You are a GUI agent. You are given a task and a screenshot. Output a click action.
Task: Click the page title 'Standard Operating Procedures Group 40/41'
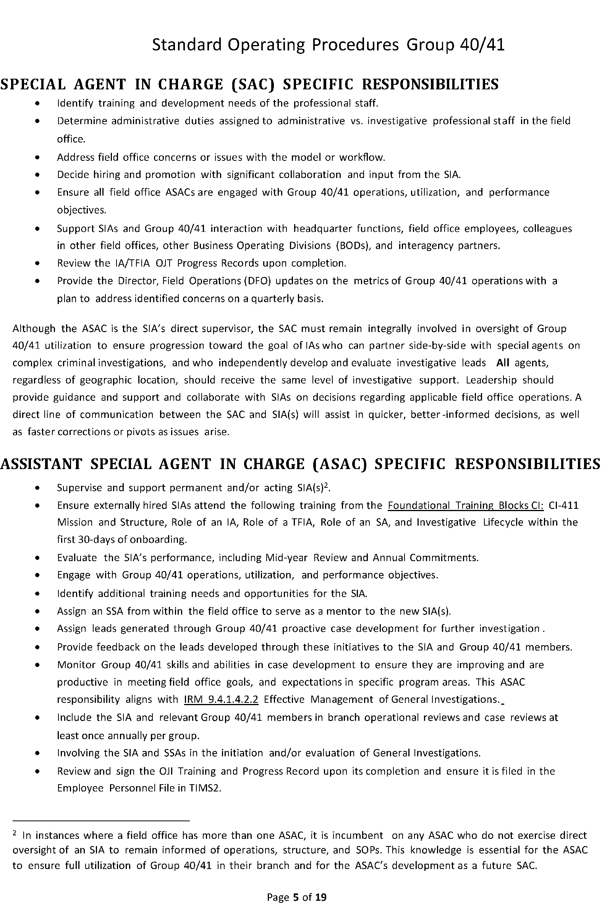pyautogui.click(x=328, y=45)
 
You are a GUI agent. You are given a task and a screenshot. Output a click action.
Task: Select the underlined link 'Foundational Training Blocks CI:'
pyautogui.click(x=466, y=505)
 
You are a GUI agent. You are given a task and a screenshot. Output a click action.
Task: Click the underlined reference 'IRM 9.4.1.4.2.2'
pyautogui.click(x=221, y=699)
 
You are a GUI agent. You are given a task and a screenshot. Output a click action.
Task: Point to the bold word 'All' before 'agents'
pyautogui.click(x=503, y=362)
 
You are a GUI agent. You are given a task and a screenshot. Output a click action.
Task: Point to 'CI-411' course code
pyautogui.click(x=563, y=505)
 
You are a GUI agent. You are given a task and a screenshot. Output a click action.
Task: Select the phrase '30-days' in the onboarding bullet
pyautogui.click(x=96, y=539)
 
